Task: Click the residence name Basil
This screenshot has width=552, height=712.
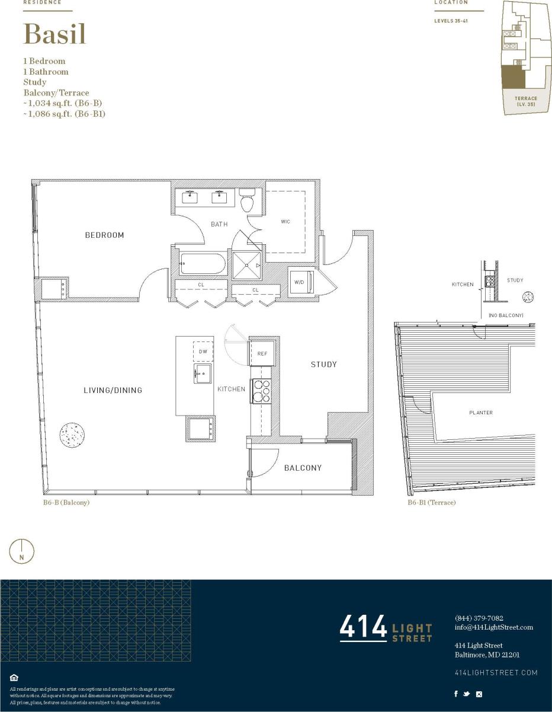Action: (54, 34)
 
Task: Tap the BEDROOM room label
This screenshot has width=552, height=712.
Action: (105, 235)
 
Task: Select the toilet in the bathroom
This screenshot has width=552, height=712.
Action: (248, 201)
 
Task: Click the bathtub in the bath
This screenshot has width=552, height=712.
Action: (202, 264)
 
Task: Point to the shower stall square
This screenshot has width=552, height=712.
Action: (246, 265)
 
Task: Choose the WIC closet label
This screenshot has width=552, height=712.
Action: (285, 222)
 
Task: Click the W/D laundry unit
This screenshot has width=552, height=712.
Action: (301, 282)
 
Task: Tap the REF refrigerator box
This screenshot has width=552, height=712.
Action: (262, 353)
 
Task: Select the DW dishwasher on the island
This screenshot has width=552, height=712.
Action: (203, 352)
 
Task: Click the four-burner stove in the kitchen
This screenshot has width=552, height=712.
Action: (261, 391)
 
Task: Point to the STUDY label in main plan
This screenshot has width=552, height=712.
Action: (323, 365)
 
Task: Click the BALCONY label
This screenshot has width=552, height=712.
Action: (303, 468)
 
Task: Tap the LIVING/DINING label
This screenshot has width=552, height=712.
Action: (113, 390)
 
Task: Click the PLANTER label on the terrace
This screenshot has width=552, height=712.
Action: (481, 413)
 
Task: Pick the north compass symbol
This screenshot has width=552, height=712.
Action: (22, 551)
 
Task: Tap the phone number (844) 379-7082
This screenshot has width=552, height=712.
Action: (479, 618)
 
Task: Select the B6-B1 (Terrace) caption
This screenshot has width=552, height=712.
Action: (431, 503)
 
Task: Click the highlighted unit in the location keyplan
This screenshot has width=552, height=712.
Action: (512, 76)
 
